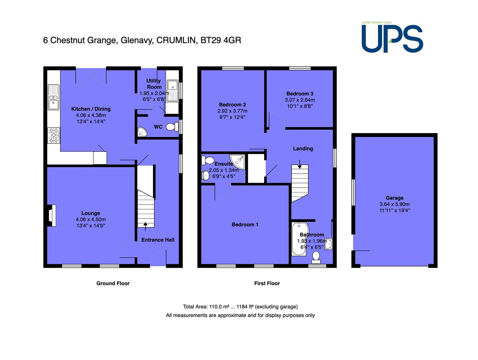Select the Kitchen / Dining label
[91, 109]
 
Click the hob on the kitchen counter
[54, 135]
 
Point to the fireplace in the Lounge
[51, 216]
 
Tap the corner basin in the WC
[142, 132]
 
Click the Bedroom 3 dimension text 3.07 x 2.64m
[300, 100]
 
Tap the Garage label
[395, 198]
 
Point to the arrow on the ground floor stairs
[145, 226]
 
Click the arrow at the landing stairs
[300, 164]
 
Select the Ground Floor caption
[113, 283]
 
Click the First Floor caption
[267, 283]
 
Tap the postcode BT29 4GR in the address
[221, 40]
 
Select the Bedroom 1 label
[245, 225]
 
